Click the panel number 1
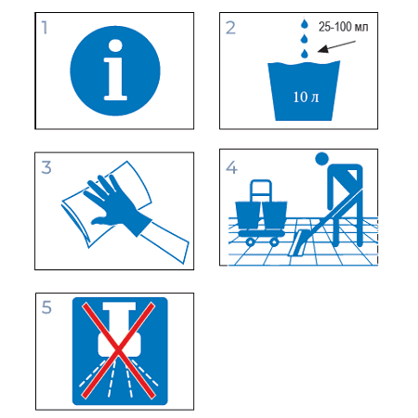pyautogui.click(x=45, y=28)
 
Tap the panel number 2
pyautogui.click(x=230, y=28)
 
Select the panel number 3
pyautogui.click(x=46, y=167)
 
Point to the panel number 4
pyautogui.click(x=231, y=167)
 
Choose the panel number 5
pyautogui.click(x=46, y=307)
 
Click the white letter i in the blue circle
pyautogui.click(x=115, y=70)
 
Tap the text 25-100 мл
pyautogui.click(x=344, y=27)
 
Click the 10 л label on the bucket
pyautogui.click(x=306, y=97)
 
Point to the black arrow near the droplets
pyautogui.click(x=336, y=46)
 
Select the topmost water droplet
pyautogui.click(x=305, y=24)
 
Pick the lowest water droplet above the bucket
pyautogui.click(x=305, y=54)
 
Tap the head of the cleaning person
pyautogui.click(x=321, y=159)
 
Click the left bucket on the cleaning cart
pyautogui.click(x=248, y=216)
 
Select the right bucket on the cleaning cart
pyautogui.click(x=274, y=216)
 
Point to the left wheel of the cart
pyautogui.click(x=250, y=242)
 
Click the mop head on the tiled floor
pyautogui.click(x=297, y=243)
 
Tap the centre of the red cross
pyautogui.click(x=118, y=350)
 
